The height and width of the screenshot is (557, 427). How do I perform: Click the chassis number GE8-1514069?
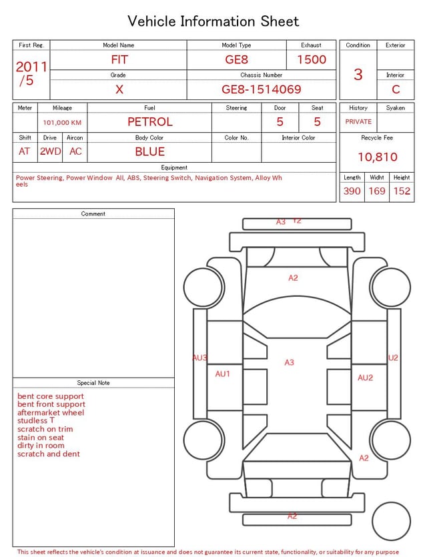261,89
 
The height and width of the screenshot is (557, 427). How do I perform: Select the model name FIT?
119,59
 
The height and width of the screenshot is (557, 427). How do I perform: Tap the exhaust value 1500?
312,59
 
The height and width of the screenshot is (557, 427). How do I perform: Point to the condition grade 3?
358,75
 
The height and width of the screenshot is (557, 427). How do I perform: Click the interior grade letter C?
396,89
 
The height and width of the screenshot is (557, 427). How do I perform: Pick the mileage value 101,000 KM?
62,123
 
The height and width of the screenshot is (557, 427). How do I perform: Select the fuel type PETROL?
150,122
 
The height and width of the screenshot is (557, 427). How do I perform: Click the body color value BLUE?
150,151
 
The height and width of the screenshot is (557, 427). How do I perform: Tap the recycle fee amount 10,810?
378,157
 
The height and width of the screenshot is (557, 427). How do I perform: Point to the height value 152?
402,191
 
